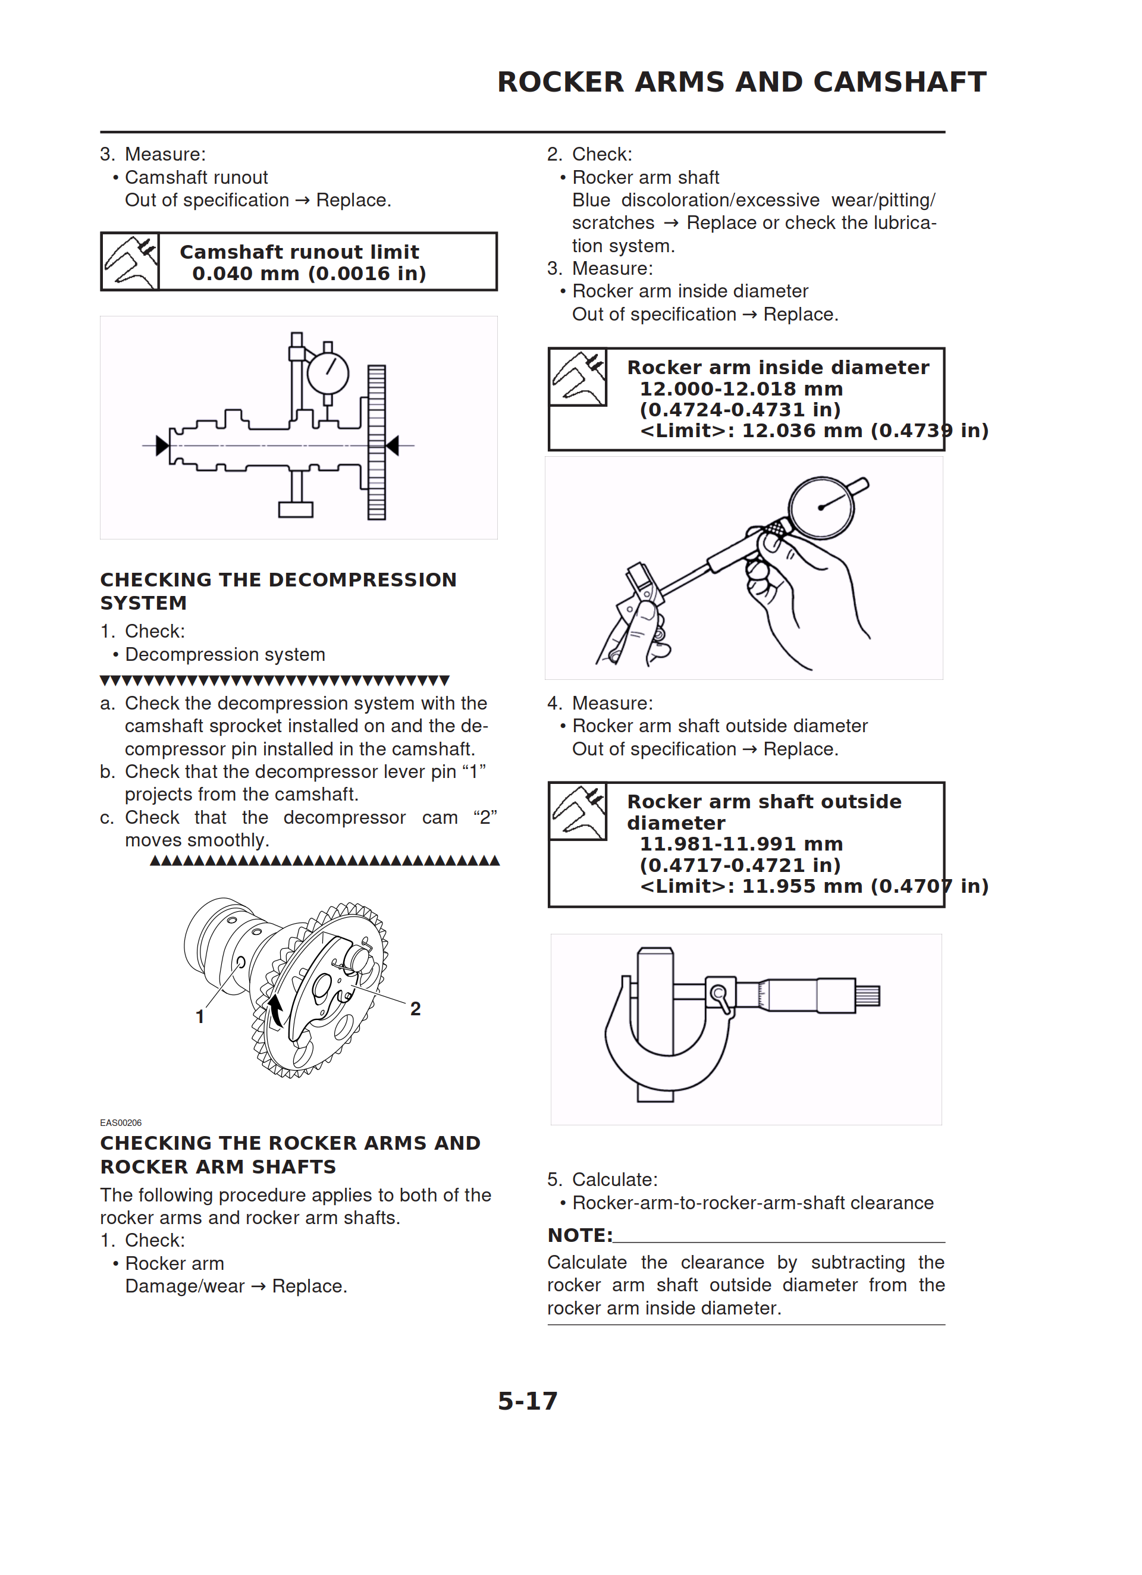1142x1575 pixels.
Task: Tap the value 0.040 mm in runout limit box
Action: (245, 274)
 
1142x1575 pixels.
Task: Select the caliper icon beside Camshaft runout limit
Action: (130, 262)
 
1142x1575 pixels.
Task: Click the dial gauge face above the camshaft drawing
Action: (328, 373)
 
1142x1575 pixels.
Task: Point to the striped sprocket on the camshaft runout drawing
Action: (377, 443)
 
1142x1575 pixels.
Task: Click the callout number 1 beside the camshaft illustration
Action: (200, 1016)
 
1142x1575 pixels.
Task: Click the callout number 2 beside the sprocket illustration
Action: (415, 1009)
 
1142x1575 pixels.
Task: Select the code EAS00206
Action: (121, 1123)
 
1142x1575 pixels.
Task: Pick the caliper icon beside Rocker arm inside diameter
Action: (578, 377)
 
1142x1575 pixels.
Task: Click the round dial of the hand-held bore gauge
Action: (822, 507)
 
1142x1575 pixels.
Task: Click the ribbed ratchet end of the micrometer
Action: (868, 996)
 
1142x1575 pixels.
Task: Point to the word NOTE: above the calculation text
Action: (580, 1235)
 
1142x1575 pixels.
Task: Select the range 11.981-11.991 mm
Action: (741, 845)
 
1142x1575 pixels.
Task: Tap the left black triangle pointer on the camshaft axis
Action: (162, 445)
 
